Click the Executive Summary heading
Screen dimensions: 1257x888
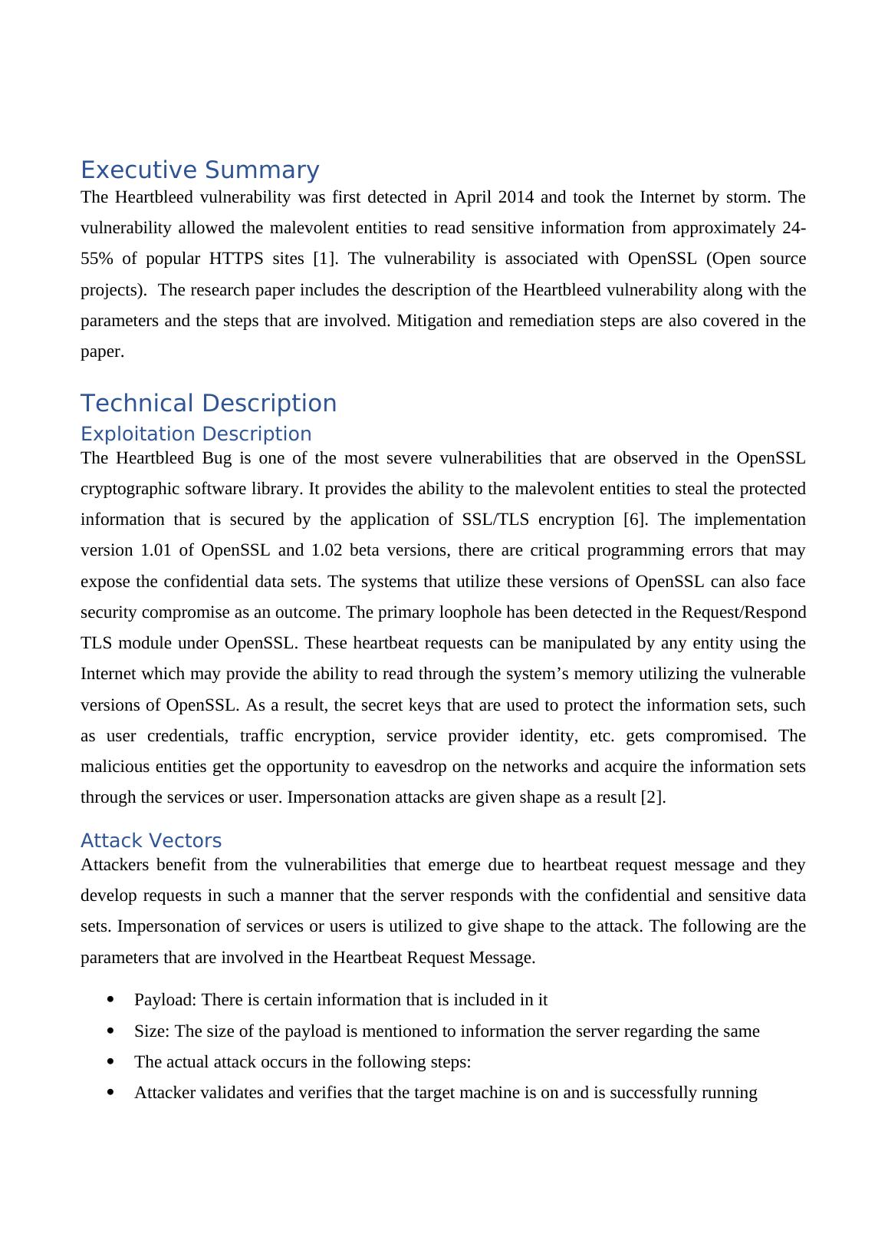point(199,170)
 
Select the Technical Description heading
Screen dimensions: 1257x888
point(209,403)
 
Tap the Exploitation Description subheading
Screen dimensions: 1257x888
point(196,434)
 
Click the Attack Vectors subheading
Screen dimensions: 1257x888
point(151,840)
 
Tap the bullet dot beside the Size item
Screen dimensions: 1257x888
point(112,1031)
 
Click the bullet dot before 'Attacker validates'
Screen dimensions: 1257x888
point(112,1093)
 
